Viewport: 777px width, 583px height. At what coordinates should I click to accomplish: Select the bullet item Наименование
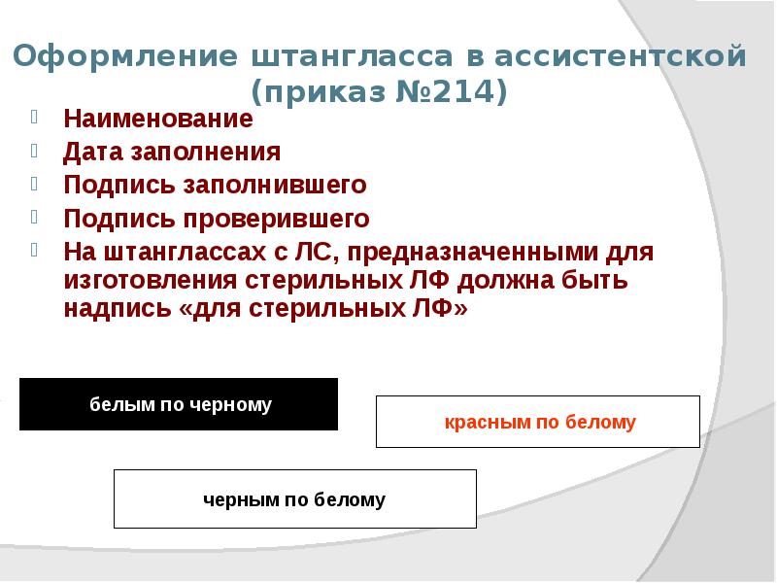[158, 120]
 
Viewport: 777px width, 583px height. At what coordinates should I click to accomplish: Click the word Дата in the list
[91, 152]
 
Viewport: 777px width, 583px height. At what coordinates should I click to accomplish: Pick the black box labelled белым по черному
[179, 404]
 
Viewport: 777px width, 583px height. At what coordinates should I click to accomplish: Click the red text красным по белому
[540, 423]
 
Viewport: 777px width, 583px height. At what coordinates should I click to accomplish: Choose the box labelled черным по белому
[294, 499]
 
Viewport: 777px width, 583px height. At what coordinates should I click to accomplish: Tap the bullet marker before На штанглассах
[36, 248]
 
